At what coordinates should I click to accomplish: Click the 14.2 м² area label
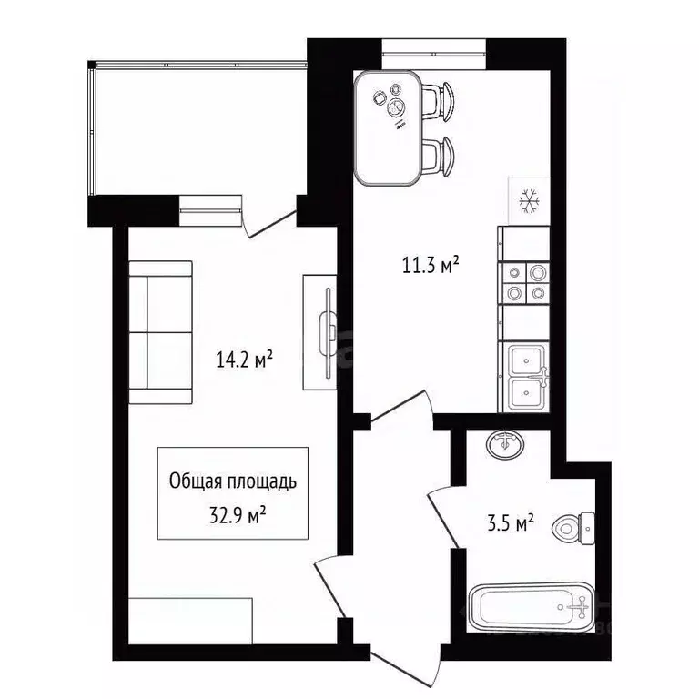coord(244,360)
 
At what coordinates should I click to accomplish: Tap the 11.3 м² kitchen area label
coord(431,265)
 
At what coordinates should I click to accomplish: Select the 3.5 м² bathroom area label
coord(511,523)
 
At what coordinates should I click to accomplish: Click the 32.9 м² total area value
coord(238,515)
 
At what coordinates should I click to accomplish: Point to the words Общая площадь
coord(233,481)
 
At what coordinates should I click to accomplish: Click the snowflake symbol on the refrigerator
coord(529,200)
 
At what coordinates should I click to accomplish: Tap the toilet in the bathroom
coord(573,529)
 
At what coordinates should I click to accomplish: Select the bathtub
coord(532,607)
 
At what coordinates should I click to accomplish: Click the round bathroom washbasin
coord(505,444)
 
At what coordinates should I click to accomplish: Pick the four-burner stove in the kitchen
coord(525,283)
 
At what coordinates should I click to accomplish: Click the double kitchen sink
coord(526,377)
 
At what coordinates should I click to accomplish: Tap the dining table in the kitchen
coord(388,128)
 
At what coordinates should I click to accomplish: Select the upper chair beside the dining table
coord(439,102)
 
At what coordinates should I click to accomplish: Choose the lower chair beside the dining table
coord(439,157)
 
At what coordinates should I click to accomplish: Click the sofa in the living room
coord(160,332)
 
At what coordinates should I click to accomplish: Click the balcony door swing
coord(269,224)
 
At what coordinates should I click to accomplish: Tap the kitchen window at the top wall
coord(434,54)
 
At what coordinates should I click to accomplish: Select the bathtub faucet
coord(579,607)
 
